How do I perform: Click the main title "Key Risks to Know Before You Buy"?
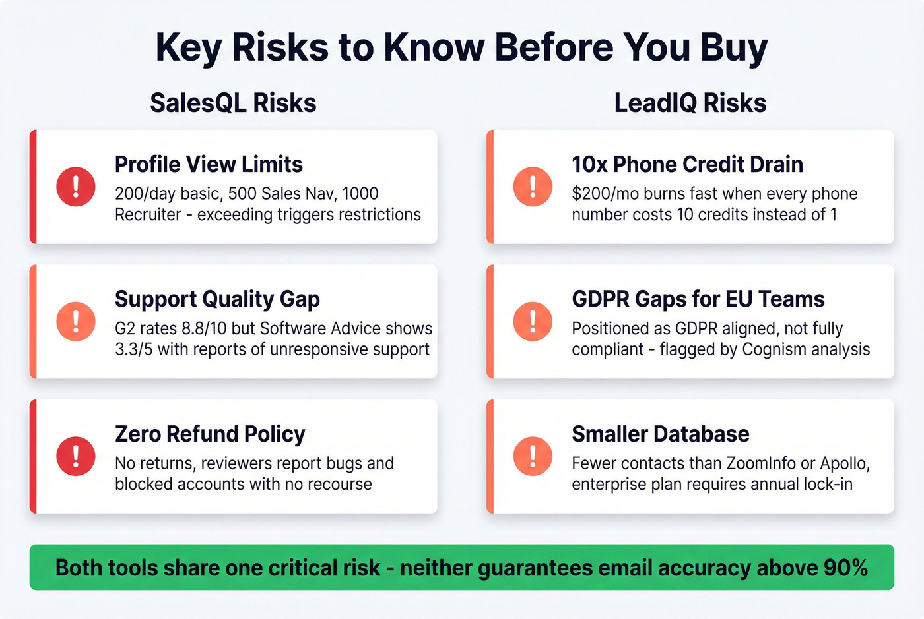coord(461,47)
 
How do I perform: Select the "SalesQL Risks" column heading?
coord(233,103)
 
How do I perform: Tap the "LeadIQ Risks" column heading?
coord(690,103)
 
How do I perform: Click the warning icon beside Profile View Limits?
coord(76,187)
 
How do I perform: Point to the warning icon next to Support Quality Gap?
coord(76,322)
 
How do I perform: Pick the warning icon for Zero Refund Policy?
coord(76,456)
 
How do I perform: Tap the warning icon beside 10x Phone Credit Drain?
coord(533,187)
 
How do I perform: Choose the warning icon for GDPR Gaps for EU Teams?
coord(533,322)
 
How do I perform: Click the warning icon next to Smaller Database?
coord(533,456)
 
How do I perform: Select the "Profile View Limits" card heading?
coord(209,164)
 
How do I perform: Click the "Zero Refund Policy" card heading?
coord(210,434)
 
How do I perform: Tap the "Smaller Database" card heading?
coord(660,434)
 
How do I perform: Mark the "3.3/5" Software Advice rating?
coord(134,349)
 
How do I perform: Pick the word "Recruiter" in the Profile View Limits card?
coord(148,215)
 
